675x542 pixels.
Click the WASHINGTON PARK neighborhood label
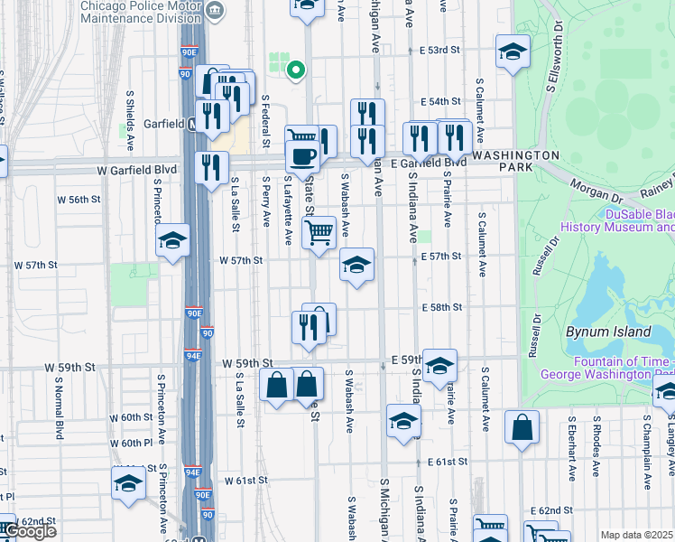pyautogui.click(x=515, y=154)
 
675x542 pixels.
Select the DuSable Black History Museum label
pyautogui.click(x=616, y=220)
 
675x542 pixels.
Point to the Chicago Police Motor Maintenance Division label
pyautogui.click(x=140, y=11)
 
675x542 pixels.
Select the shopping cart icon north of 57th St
pyautogui.click(x=319, y=231)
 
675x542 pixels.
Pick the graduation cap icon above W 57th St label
pyautogui.click(x=171, y=240)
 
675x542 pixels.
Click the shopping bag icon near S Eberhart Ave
pyautogui.click(x=522, y=427)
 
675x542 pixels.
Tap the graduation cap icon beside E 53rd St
pyautogui.click(x=512, y=51)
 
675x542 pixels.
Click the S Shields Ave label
pyautogui.click(x=131, y=126)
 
